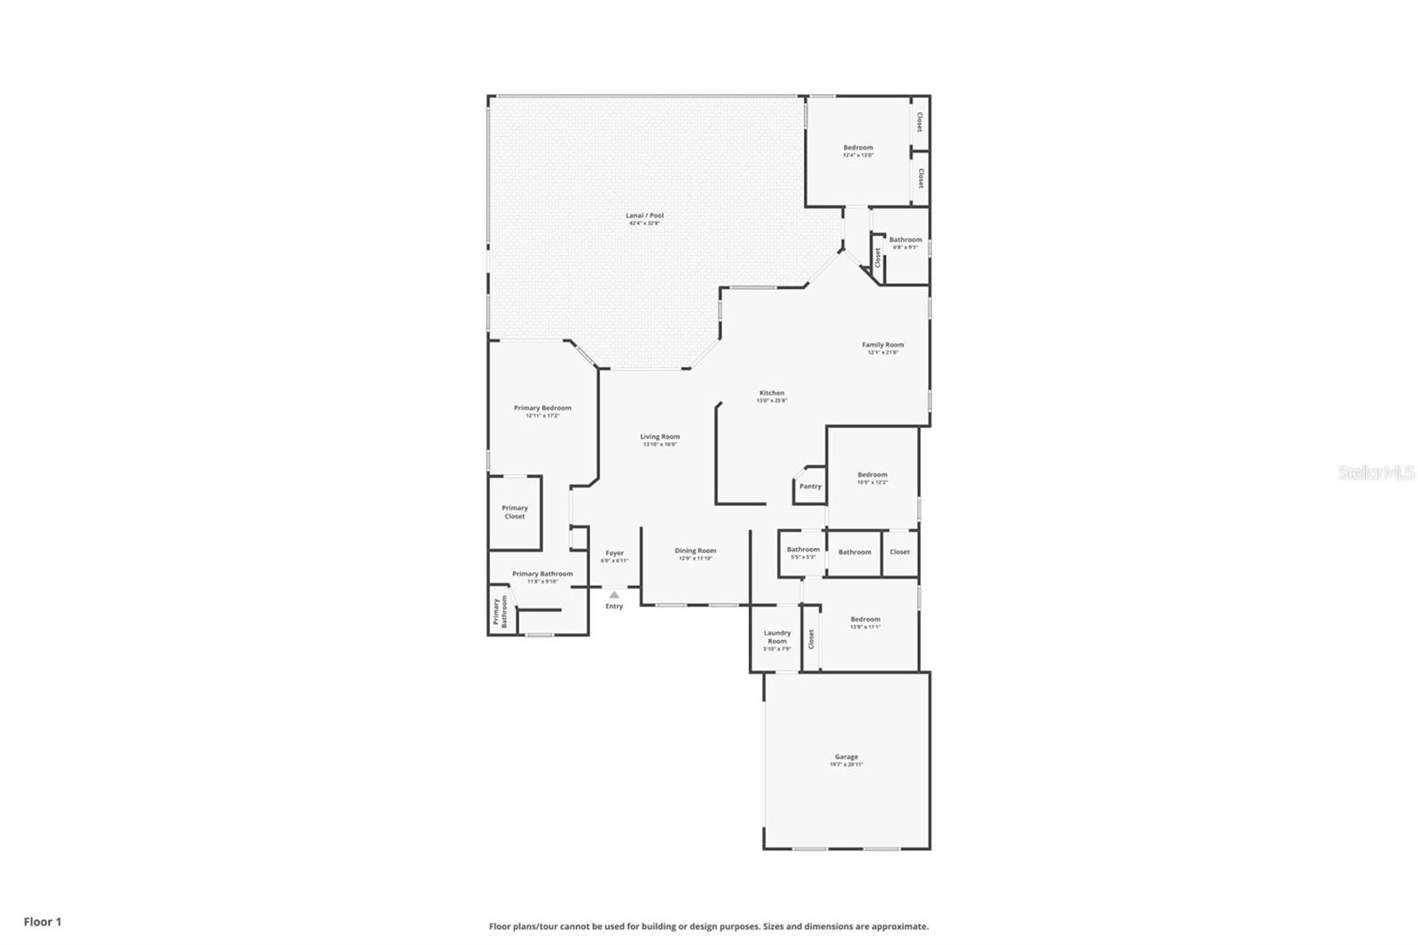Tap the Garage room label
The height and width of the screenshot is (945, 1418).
pos(845,757)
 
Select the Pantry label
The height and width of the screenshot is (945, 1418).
pos(810,487)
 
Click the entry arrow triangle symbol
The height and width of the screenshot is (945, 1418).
pos(614,595)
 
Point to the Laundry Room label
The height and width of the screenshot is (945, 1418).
pos(777,637)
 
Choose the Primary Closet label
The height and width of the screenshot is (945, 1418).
pos(514,512)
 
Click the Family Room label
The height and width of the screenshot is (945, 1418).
pos(883,345)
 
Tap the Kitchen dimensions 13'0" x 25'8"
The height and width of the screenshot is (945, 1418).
pos(771,401)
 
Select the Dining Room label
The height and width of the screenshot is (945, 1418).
pos(696,551)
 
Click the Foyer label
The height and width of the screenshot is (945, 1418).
pos(614,553)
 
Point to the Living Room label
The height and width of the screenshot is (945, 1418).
pos(660,436)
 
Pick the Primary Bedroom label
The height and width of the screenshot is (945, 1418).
pos(542,408)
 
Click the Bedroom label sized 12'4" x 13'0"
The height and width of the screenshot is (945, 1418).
pos(858,148)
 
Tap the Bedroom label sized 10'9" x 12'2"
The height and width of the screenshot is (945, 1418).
pos(872,475)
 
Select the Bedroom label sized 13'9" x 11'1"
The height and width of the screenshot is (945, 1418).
pos(865,620)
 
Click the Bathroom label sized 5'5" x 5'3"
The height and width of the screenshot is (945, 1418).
pos(803,550)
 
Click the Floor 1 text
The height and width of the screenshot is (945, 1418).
pos(43,922)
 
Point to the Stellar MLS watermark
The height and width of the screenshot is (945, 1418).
pos(1375,473)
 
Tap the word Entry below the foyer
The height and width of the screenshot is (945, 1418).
pos(614,606)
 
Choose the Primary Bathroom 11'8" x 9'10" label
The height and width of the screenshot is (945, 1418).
pos(542,574)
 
